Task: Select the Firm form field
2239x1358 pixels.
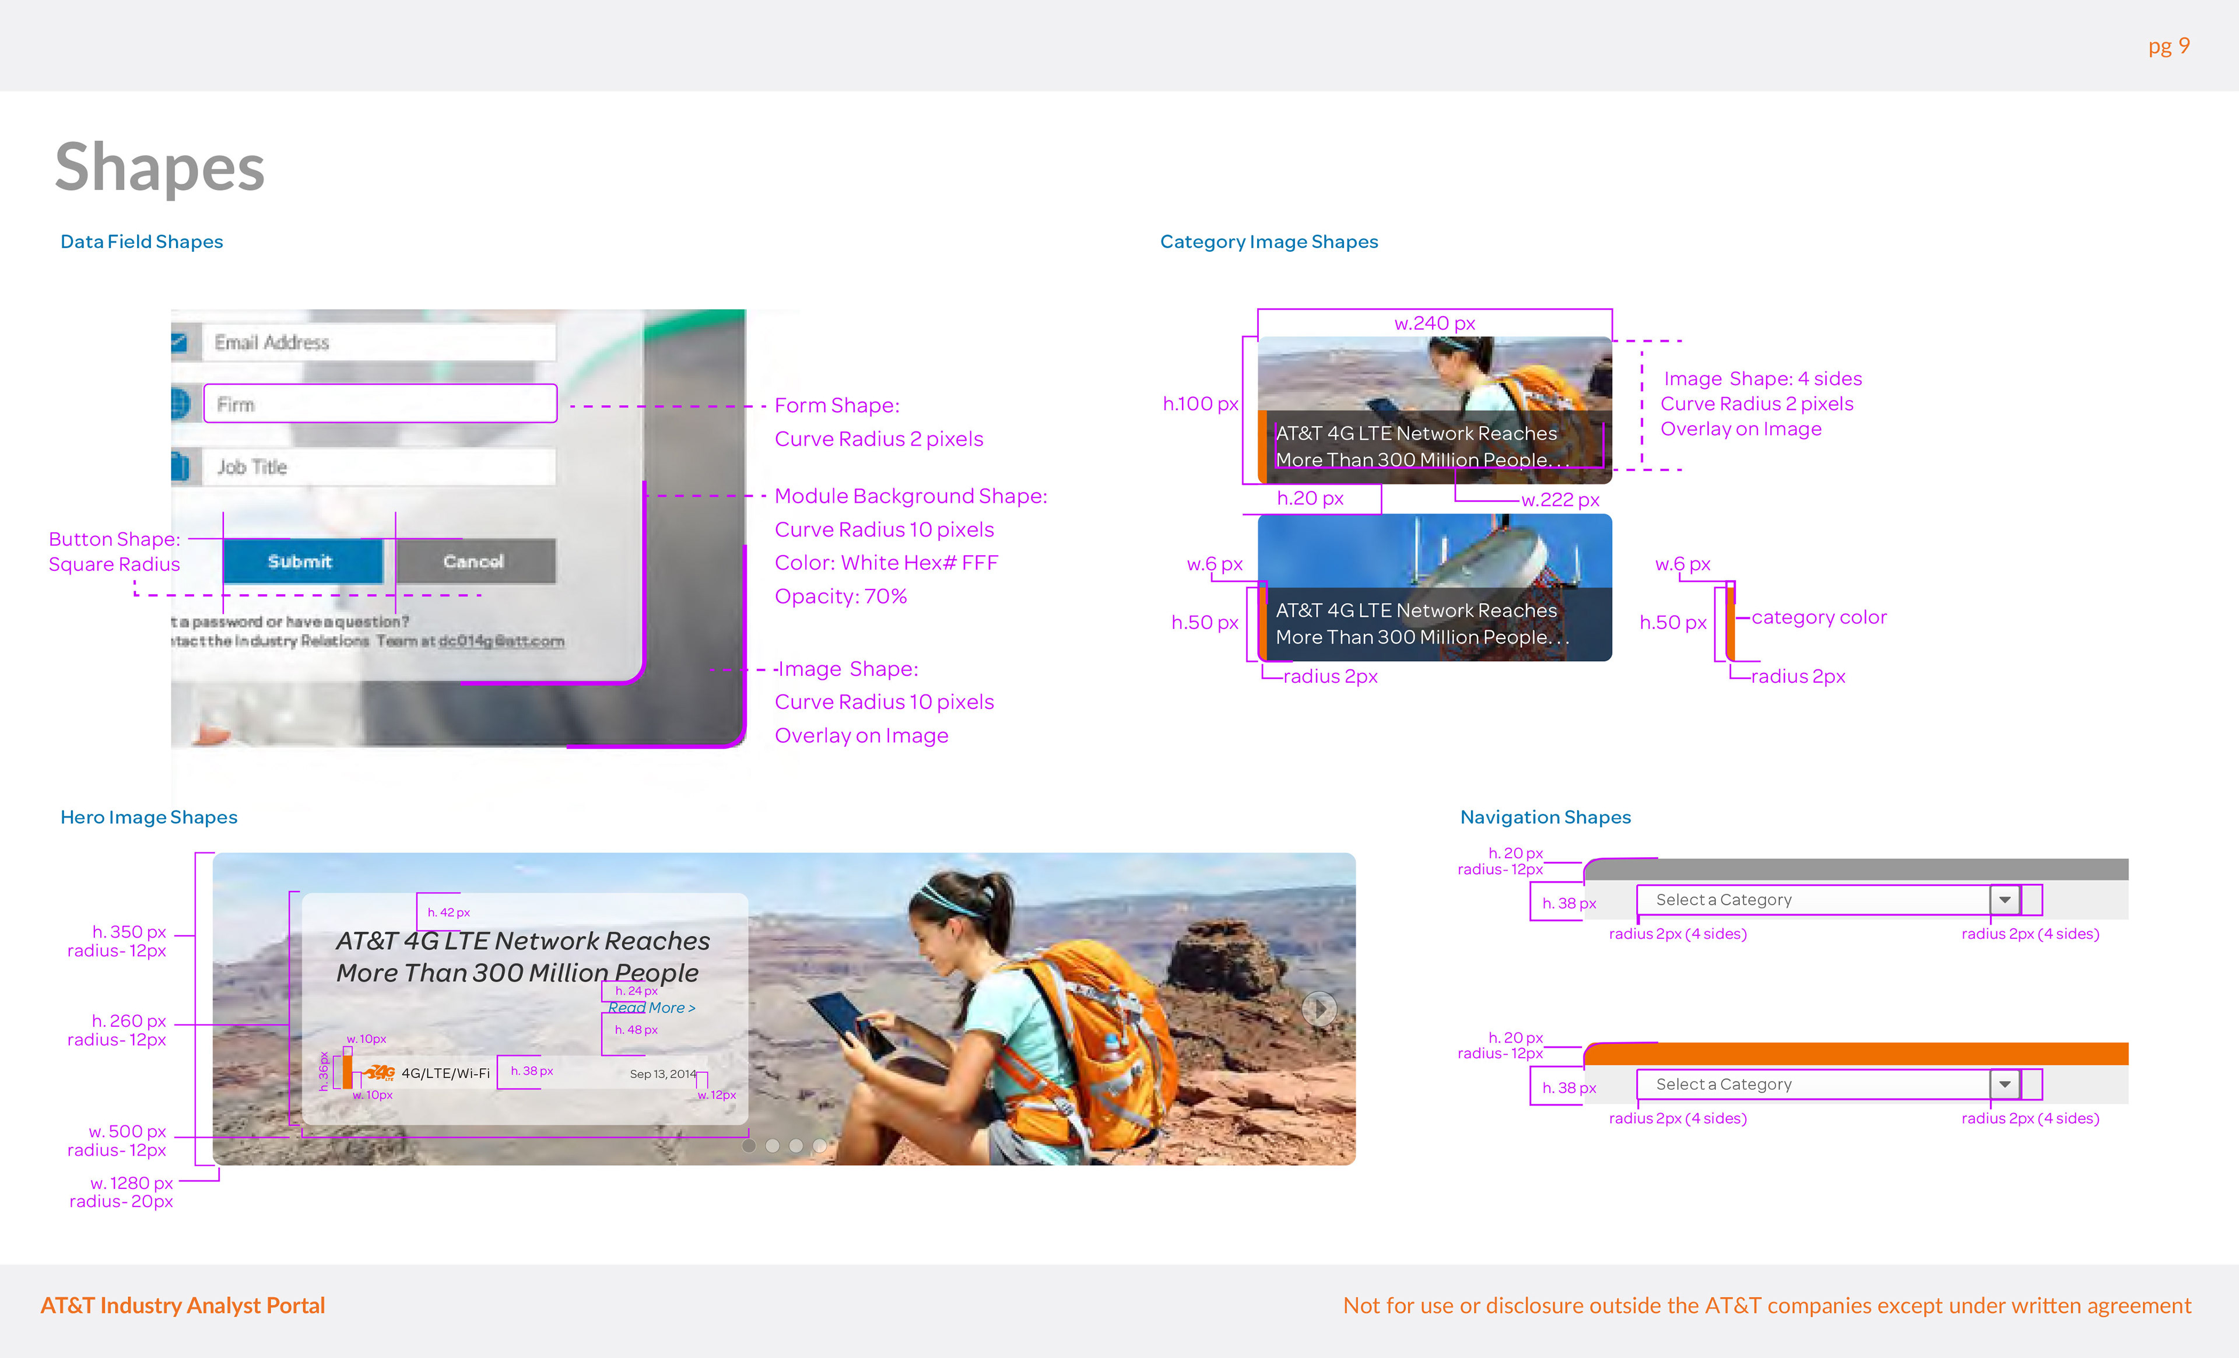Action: click(380, 403)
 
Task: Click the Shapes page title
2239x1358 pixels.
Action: click(160, 167)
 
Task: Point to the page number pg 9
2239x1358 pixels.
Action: click(2168, 47)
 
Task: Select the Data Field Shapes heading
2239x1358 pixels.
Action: click(142, 242)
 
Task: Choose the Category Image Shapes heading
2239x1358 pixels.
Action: click(1269, 242)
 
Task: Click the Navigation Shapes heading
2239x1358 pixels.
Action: click(1545, 817)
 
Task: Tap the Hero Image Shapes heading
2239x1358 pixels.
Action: click(149, 817)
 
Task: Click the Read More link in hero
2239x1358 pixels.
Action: click(651, 1008)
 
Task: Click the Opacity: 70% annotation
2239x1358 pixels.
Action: click(841, 596)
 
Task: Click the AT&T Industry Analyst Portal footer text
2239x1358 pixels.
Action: click(183, 1306)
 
